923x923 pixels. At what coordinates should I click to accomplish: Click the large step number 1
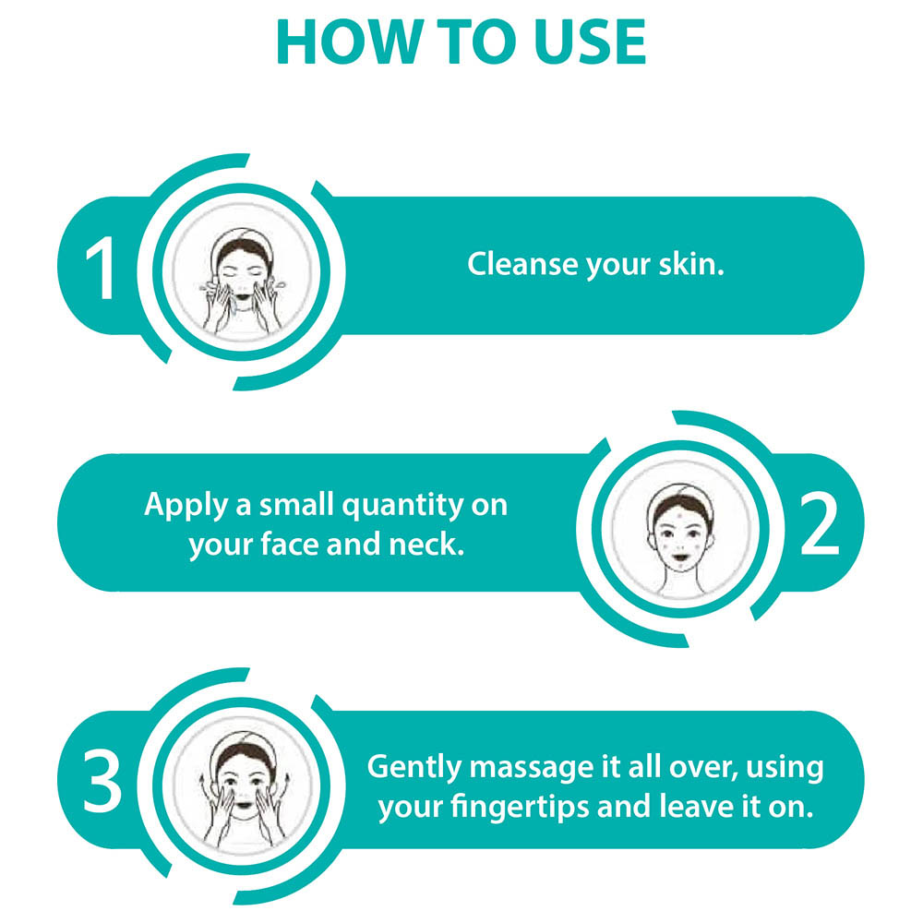click(100, 268)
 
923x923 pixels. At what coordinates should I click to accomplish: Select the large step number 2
click(819, 524)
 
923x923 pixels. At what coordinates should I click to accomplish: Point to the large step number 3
click(102, 781)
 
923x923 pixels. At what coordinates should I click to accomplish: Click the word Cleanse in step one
click(522, 264)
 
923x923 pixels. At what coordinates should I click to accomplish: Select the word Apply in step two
click(186, 506)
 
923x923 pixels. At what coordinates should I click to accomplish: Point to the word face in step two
click(290, 545)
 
